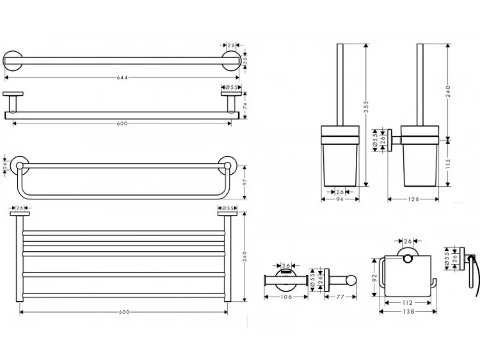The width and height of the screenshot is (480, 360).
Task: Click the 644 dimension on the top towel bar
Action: pos(122,77)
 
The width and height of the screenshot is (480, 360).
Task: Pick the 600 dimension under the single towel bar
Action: pos(122,123)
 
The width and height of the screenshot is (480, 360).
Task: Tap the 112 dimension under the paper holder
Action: pos(408,303)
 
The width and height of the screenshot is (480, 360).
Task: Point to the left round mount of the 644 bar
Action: pos(13,61)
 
